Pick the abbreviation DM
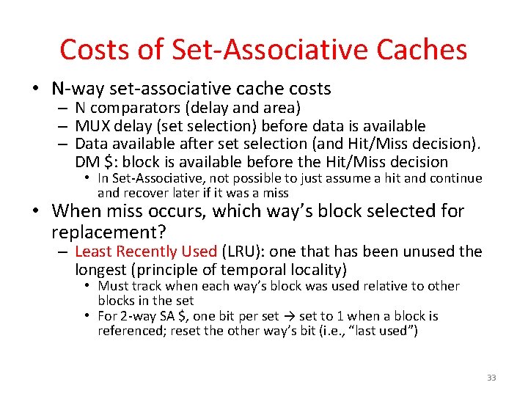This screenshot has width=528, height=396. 87,161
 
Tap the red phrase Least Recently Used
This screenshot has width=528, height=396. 146,252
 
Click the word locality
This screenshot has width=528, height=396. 313,269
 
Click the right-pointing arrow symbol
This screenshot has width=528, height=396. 289,316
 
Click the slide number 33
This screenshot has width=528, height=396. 491,378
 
